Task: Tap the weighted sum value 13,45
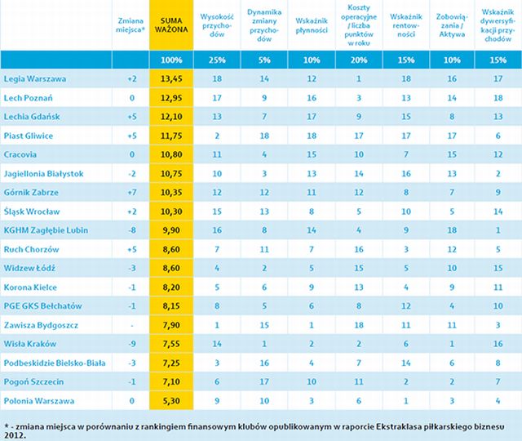click(171, 78)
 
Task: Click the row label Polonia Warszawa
click(41, 401)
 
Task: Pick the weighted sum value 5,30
click(171, 401)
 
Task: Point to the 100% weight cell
click(171, 60)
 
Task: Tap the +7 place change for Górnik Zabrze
click(131, 192)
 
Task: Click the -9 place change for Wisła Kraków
click(131, 344)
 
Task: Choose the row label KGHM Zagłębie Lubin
click(47, 230)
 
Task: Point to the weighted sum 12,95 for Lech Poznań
click(171, 97)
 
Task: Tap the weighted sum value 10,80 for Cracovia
click(171, 154)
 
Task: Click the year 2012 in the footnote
click(17, 434)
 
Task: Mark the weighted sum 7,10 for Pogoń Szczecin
click(171, 381)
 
